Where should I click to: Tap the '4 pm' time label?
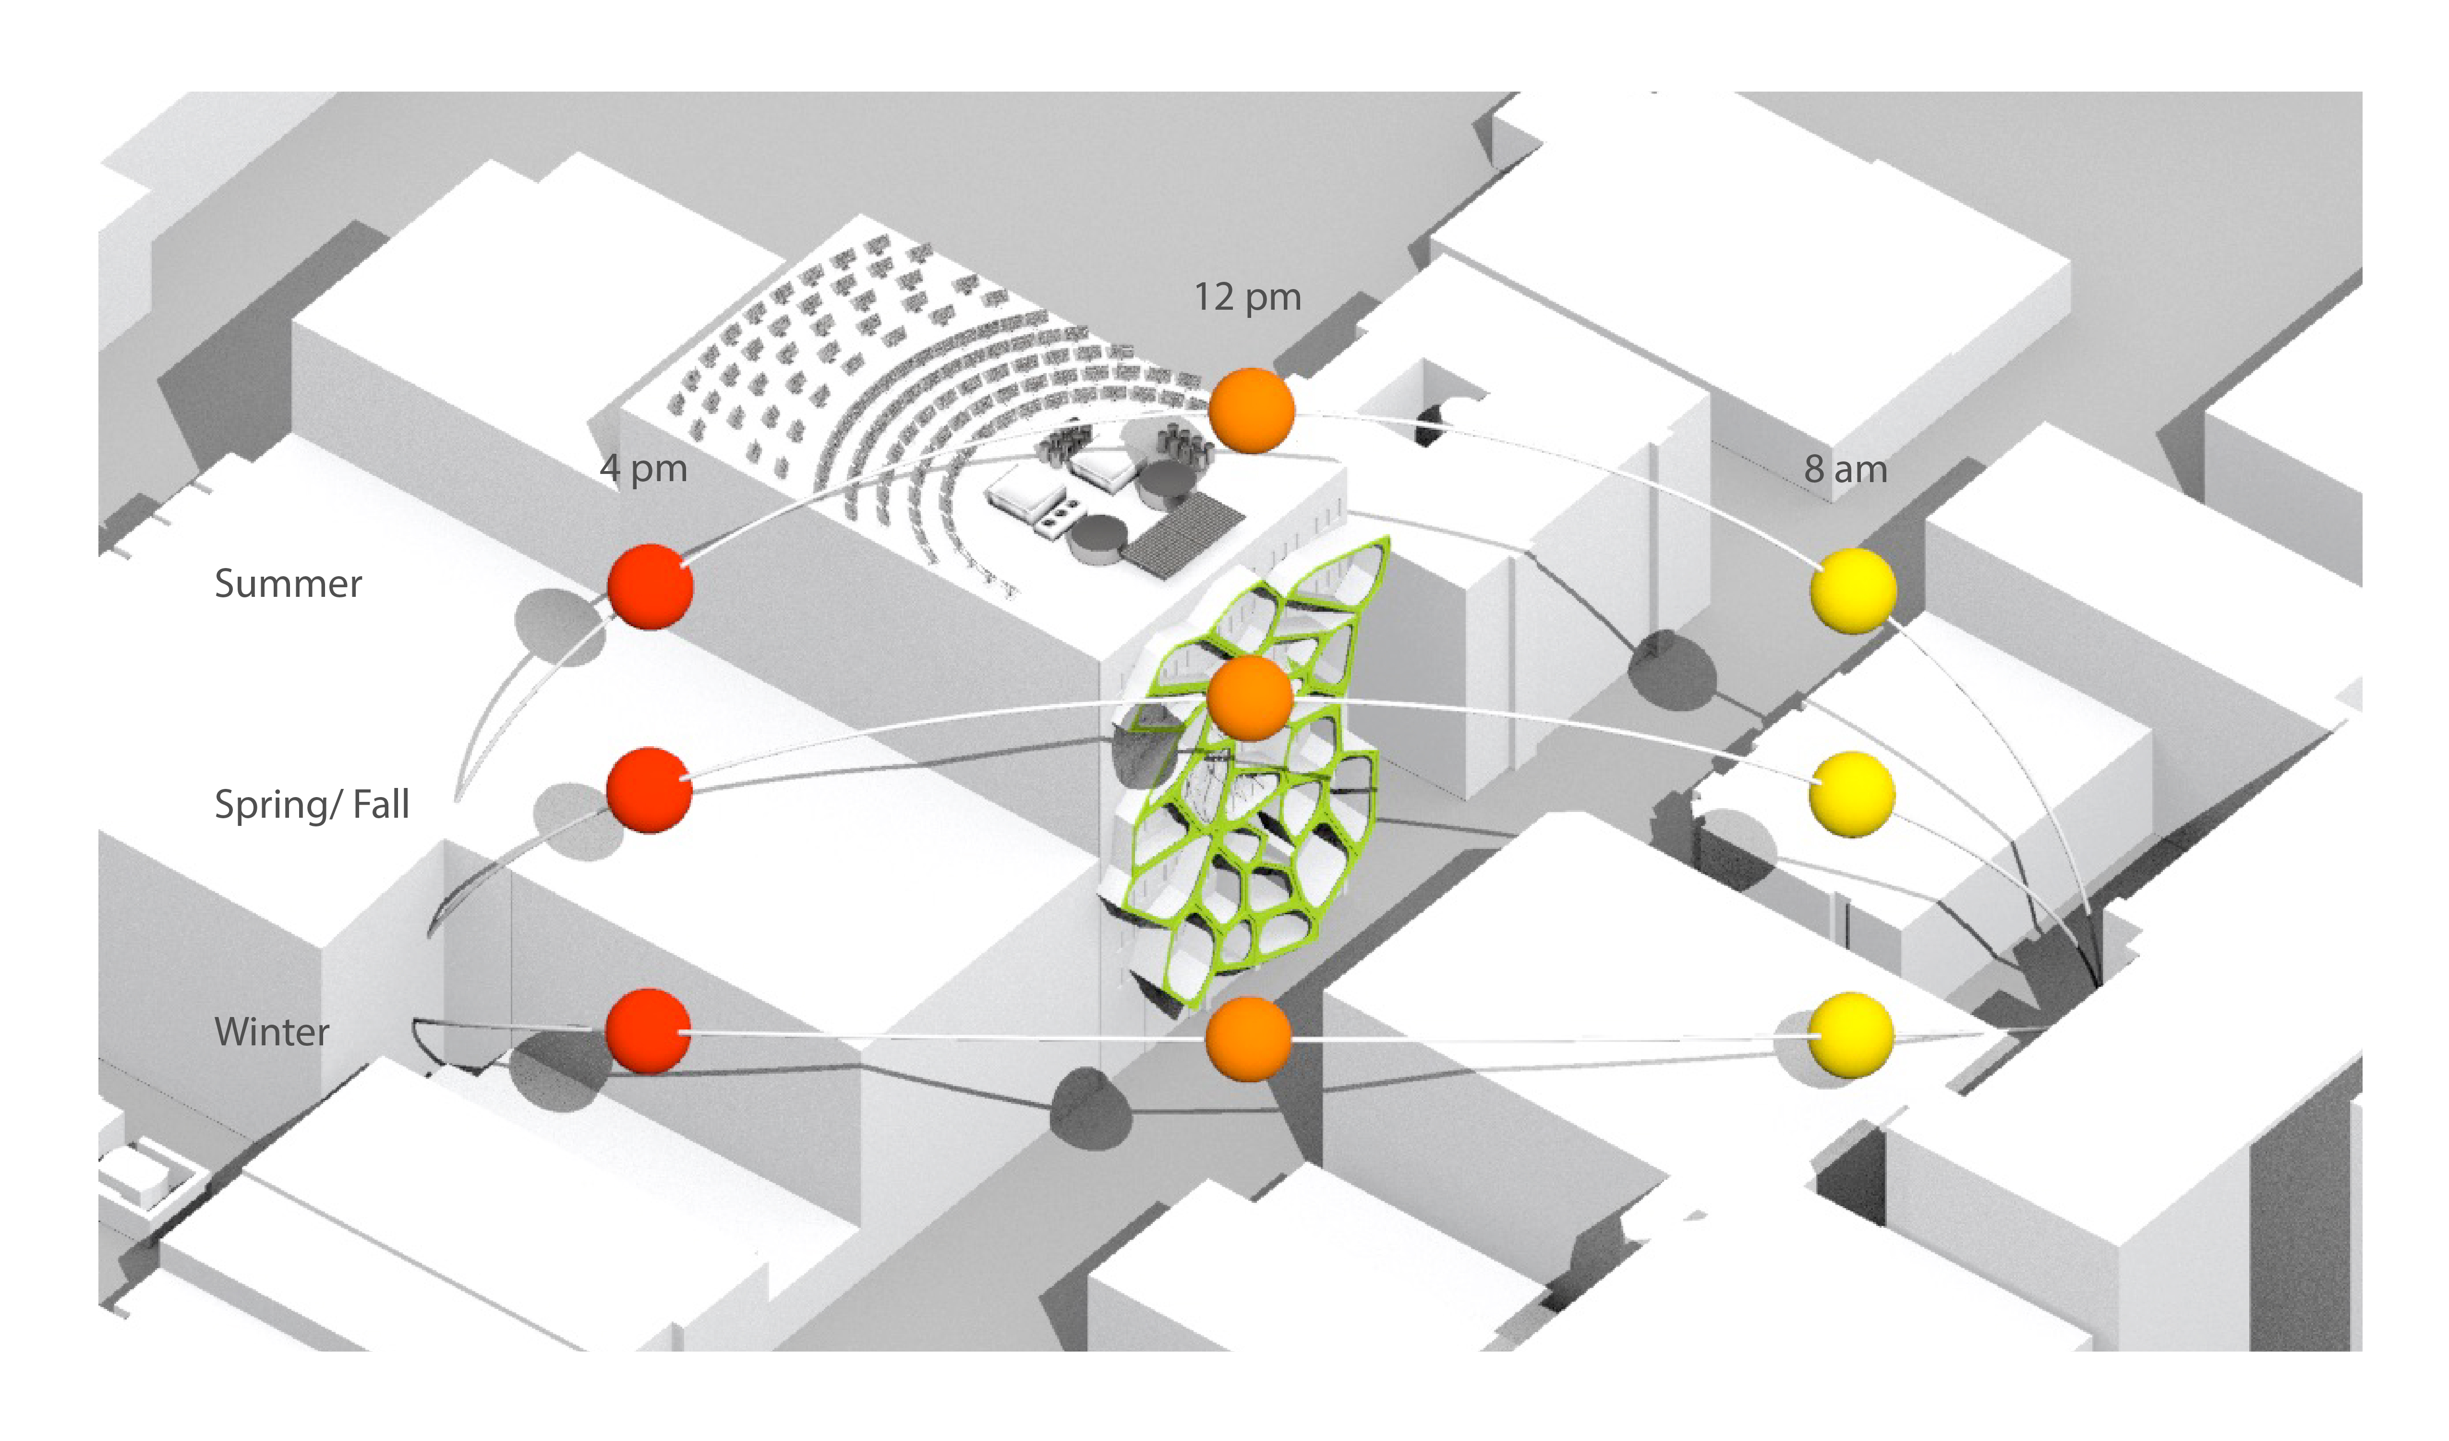click(643, 468)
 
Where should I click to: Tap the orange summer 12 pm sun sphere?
click(1252, 410)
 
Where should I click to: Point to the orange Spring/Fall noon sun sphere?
click(1250, 697)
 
